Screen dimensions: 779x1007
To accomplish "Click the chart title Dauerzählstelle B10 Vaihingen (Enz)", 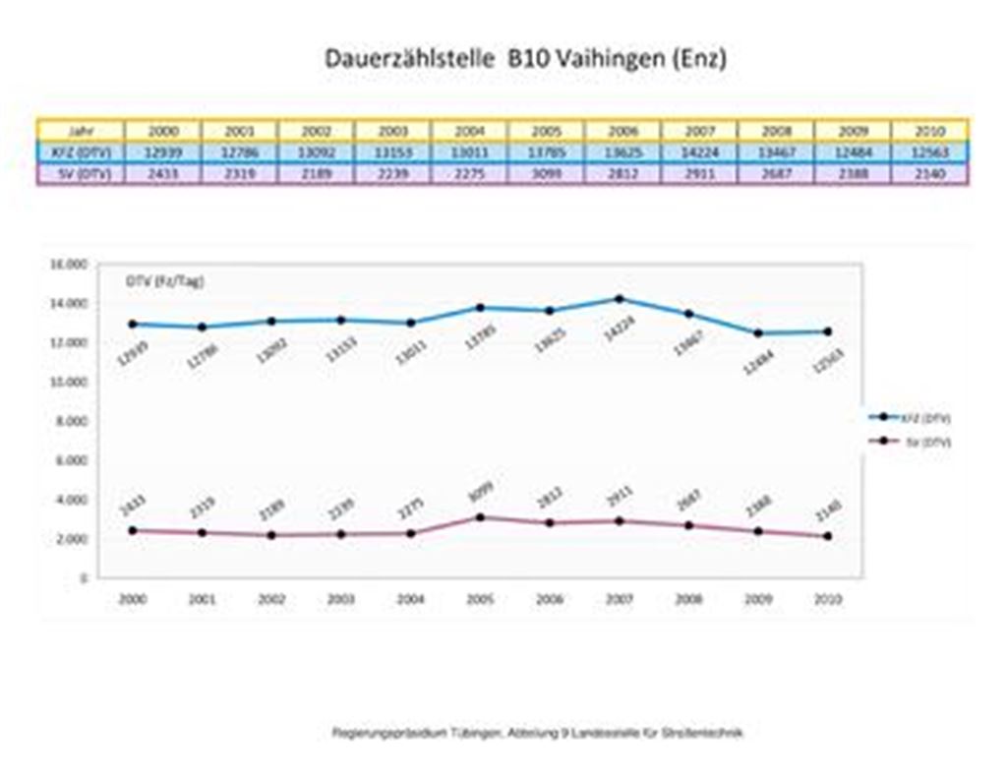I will [x=525, y=59].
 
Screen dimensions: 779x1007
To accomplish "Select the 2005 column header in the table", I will [x=546, y=131].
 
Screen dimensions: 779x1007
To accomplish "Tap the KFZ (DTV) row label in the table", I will [x=81, y=152].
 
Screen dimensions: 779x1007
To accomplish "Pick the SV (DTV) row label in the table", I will [x=81, y=174].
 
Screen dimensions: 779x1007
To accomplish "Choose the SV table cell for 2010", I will [x=928, y=174].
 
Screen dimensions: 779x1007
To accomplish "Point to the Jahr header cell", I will [x=81, y=131].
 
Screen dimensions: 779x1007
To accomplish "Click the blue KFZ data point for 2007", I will [x=619, y=299].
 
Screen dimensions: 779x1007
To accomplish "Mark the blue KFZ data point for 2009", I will [x=758, y=333].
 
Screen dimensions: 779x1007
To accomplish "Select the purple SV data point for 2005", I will [x=480, y=517].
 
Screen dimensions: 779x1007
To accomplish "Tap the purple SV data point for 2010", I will [x=828, y=536].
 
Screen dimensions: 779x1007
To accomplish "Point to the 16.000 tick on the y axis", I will [x=69, y=265].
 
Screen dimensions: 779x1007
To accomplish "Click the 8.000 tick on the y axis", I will [x=71, y=421].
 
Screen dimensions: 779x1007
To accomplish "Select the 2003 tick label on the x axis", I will [x=341, y=598].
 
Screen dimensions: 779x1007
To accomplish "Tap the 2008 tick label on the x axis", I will [x=688, y=598].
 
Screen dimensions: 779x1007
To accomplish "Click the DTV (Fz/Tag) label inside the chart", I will [x=164, y=281].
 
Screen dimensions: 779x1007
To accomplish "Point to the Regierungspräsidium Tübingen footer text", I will [x=537, y=733].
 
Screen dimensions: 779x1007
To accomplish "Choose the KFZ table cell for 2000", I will [x=162, y=152].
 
